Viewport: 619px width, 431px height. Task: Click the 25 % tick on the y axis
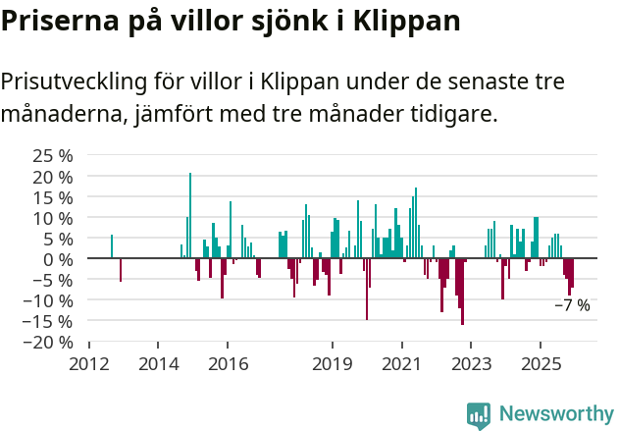[53, 156]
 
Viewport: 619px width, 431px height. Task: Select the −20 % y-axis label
[48, 342]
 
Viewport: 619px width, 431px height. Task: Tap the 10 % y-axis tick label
[53, 218]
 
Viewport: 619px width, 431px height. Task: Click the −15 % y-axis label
[48, 321]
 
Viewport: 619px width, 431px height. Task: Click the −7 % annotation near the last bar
[572, 305]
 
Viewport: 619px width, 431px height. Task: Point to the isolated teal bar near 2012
[112, 246]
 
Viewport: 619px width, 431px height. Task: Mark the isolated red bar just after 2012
[121, 270]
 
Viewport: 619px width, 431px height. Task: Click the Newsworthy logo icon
[479, 415]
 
